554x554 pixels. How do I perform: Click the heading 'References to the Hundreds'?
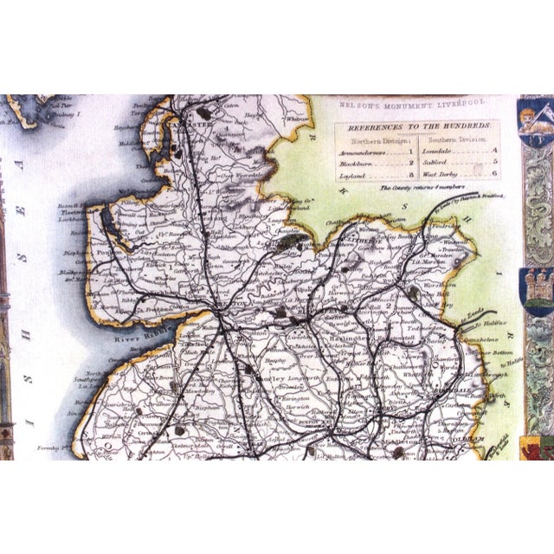click(416, 126)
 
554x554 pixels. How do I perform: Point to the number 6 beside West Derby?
click(493, 174)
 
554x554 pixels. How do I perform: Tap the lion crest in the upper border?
click(534, 121)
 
